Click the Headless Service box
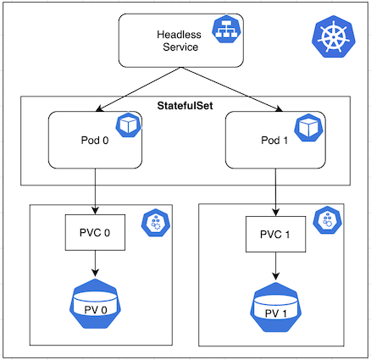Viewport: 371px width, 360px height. click(180, 41)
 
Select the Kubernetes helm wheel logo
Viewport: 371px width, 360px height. click(334, 36)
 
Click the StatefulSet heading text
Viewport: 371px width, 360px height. click(185, 106)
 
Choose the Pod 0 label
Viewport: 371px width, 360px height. click(95, 141)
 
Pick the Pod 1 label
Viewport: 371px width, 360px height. click(274, 141)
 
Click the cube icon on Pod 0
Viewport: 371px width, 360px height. click(129, 125)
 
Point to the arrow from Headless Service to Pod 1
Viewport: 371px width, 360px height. click(232, 89)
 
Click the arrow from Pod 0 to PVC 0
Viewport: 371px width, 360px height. click(95, 191)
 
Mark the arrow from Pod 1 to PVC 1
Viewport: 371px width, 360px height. click(275, 192)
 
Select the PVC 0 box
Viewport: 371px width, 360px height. click(95, 232)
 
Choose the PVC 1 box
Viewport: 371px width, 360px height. click(275, 235)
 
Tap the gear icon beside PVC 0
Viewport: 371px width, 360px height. click(156, 223)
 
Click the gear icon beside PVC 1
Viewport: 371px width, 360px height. click(328, 220)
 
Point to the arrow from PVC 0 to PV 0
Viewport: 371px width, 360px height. click(95, 263)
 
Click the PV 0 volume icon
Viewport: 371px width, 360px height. click(95, 304)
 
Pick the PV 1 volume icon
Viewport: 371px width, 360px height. click(275, 307)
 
